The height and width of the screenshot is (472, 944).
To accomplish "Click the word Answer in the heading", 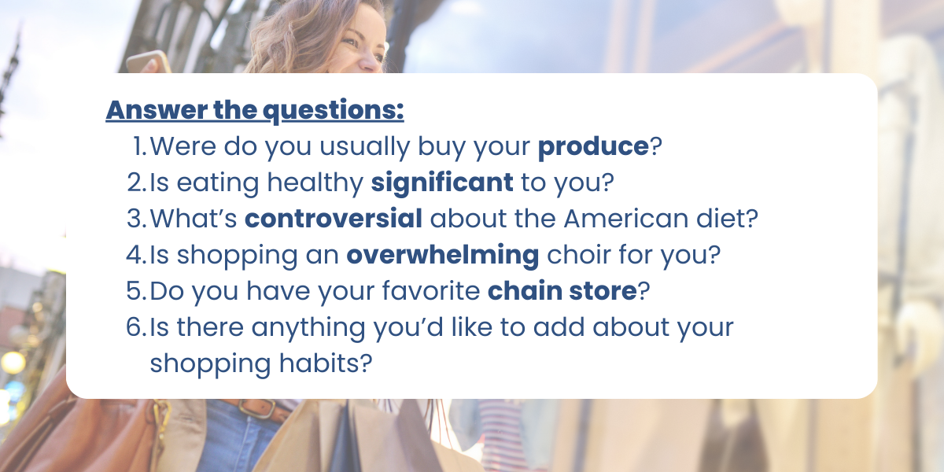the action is [157, 109].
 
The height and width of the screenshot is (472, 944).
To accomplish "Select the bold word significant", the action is [442, 183].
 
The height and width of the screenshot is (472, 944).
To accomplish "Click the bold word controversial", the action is [334, 219].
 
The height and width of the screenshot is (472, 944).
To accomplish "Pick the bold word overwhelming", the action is [442, 256].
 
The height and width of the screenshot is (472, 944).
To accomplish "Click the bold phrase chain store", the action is [562, 291].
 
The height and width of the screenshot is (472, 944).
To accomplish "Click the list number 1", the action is [139, 146].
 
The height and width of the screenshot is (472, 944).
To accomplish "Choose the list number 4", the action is [136, 255].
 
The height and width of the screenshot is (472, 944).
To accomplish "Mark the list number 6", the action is [136, 327].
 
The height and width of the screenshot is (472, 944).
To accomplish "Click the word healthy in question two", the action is [315, 183].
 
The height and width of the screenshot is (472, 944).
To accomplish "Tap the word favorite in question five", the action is [431, 291].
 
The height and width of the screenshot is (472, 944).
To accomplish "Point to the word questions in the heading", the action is [333, 111].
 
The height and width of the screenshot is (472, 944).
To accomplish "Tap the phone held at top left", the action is [148, 62].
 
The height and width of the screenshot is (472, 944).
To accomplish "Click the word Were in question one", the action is [183, 146].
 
